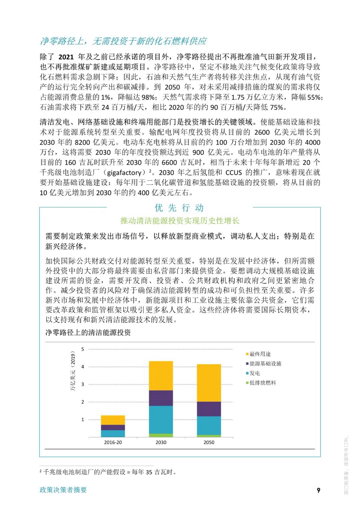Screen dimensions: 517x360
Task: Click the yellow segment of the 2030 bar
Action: pos(161,376)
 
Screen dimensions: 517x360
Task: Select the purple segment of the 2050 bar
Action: pos(209,409)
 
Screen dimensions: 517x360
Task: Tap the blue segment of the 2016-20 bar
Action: pos(113,434)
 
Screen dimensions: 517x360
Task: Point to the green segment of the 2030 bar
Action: pos(161,435)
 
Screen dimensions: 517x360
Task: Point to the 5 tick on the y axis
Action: pos(83,349)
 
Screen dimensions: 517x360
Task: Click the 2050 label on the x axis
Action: pos(209,442)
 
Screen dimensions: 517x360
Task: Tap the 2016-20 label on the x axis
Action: pos(113,442)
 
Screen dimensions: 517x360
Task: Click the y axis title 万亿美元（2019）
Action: pos(73,371)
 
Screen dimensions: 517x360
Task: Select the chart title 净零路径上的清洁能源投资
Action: pos(88,333)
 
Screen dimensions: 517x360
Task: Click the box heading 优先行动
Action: pos(179,208)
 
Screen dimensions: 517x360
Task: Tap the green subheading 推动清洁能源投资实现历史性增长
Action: pos(180,220)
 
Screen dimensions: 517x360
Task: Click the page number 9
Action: pos(318,490)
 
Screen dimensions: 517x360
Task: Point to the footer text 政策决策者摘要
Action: pos(63,490)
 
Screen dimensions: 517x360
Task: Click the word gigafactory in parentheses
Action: pos(124,173)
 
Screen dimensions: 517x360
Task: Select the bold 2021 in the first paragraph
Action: pos(66,57)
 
